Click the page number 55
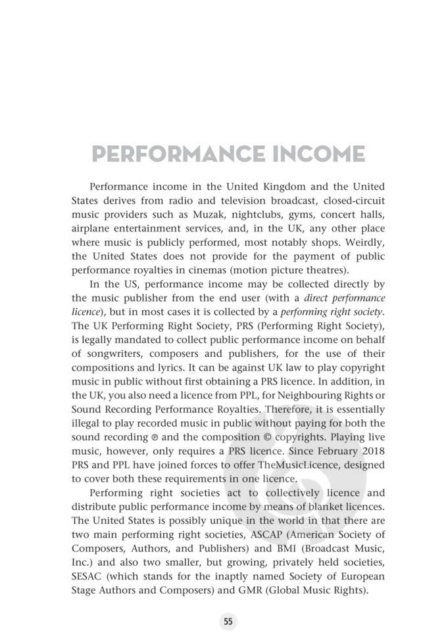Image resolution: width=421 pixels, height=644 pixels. [x=228, y=621]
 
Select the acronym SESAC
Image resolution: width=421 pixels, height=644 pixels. [x=87, y=577]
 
